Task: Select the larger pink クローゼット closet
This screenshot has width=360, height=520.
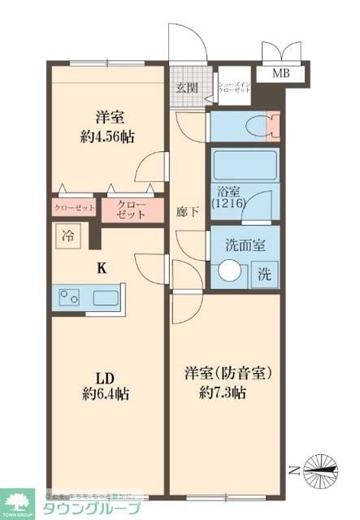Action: [x=131, y=209]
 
